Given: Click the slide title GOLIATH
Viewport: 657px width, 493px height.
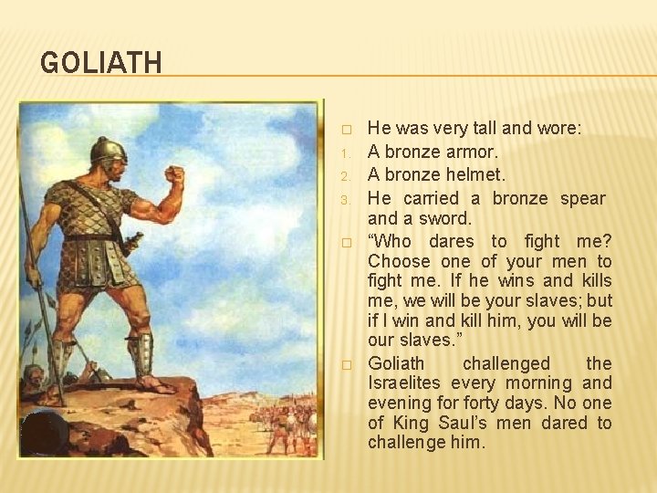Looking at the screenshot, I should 101,63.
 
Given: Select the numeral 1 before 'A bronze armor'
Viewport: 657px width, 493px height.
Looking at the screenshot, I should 346,152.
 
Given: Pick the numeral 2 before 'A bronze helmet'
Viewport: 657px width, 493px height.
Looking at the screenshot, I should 346,175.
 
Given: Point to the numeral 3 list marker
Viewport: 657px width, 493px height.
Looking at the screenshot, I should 346,199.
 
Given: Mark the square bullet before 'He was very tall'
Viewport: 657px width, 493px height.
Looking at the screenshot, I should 346,130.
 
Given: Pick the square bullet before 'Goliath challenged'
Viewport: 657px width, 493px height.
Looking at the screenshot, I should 346,364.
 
